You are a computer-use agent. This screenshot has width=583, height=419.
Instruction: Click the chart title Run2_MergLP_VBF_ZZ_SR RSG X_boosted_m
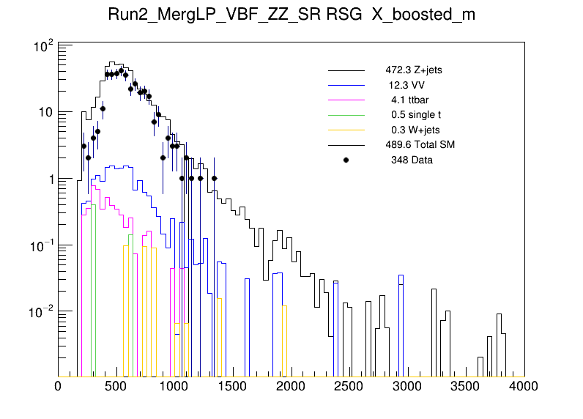tap(291, 16)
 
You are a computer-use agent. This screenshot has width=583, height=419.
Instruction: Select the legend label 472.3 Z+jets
tap(413, 71)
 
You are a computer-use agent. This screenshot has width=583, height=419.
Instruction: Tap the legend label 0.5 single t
tap(415, 115)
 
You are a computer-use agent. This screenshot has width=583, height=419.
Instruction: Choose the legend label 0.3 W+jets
tap(415, 130)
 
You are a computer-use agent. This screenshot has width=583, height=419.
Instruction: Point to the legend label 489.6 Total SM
tap(420, 144)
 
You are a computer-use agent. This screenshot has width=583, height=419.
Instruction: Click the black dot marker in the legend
tap(346, 160)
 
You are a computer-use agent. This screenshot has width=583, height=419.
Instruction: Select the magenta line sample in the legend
tap(346, 100)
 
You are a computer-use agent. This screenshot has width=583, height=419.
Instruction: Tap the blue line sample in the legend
tap(346, 86)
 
